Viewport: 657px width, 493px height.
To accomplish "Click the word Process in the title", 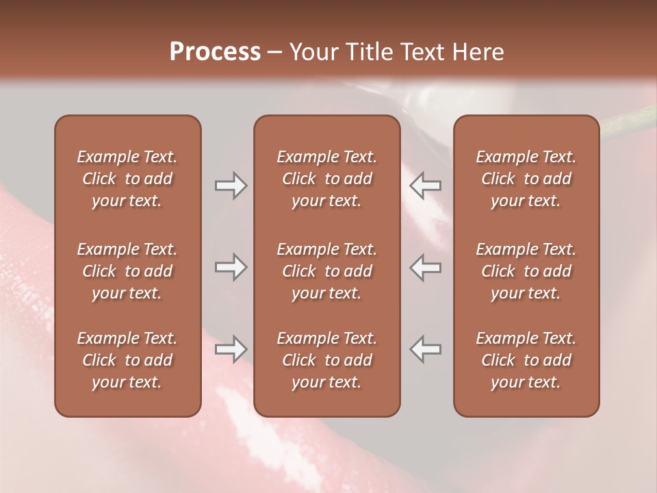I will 215,52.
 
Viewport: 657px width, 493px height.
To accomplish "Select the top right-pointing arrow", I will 231,186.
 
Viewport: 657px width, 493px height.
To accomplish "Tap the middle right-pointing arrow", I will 231,267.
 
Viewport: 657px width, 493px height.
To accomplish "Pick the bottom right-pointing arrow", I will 231,349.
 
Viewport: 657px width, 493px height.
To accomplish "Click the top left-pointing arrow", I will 426,186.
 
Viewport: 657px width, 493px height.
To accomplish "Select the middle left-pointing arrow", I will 426,267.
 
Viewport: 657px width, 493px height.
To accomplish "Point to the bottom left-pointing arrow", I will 426,349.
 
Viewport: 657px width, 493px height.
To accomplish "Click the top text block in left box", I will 127,179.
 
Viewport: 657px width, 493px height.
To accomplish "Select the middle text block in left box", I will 127,271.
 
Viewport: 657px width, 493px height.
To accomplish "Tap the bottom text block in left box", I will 127,360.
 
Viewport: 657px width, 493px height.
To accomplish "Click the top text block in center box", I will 326,179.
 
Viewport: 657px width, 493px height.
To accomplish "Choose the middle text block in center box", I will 326,271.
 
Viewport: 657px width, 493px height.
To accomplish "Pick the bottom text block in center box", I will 326,360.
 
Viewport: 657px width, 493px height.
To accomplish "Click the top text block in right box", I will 526,179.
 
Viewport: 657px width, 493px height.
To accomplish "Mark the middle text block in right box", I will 526,271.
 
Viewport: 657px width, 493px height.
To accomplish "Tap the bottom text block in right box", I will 526,360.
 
